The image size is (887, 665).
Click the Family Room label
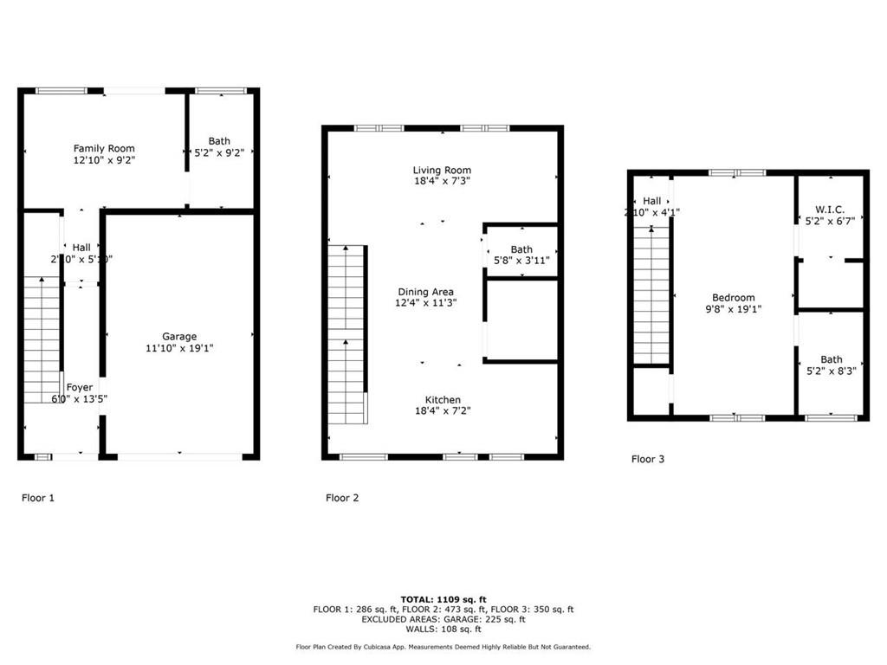[x=104, y=148]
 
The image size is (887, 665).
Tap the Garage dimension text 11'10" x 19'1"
[x=179, y=348]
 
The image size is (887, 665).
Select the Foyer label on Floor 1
[x=80, y=387]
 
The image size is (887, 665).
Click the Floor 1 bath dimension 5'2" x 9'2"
[x=219, y=152]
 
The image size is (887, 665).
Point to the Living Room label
[x=442, y=170]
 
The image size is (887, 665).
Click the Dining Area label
[x=425, y=292]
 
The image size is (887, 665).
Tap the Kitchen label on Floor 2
[x=443, y=399]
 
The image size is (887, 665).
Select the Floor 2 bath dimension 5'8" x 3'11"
[x=521, y=260]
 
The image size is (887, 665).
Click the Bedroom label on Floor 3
[x=734, y=297]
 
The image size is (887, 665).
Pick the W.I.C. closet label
[x=831, y=209]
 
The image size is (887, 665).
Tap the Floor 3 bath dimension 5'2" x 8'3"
[x=831, y=371]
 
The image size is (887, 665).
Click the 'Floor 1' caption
[x=38, y=498]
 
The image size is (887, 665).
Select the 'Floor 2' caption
[x=342, y=498]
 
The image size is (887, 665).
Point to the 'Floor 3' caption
[x=648, y=460]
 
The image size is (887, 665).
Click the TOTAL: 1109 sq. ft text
[x=443, y=599]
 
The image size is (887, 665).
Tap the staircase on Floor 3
[x=651, y=294]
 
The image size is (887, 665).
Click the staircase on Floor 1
[x=41, y=339]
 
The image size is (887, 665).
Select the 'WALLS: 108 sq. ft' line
[x=443, y=629]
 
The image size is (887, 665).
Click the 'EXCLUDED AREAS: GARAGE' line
[x=443, y=619]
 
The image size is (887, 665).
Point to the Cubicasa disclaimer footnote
[x=443, y=647]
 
